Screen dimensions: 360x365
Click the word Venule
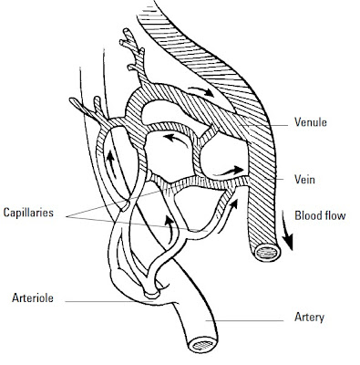coord(313,120)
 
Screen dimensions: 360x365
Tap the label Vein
coord(306,180)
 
